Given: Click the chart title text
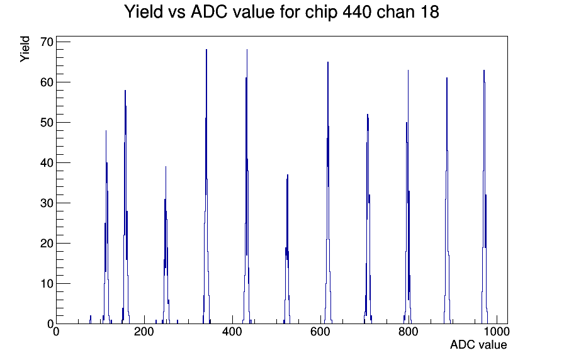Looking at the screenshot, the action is (x=281, y=12).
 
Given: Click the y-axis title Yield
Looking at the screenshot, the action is (x=25, y=49).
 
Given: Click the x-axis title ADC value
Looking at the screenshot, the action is (x=478, y=344).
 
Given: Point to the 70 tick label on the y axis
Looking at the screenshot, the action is (x=47, y=42).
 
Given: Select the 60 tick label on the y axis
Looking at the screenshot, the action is (x=47, y=82).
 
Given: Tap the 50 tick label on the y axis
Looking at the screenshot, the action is (x=47, y=123).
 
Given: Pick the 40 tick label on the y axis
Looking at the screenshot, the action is (x=47, y=163).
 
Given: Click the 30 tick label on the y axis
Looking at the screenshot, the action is (x=47, y=203).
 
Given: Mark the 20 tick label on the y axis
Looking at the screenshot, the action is (x=47, y=244).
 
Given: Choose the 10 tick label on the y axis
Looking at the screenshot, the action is (x=47, y=284).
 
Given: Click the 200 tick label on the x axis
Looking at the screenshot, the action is (x=144, y=331).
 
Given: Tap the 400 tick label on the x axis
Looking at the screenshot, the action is (x=232, y=331).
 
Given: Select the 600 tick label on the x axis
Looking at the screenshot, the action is (x=320, y=331).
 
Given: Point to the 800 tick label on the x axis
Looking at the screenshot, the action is (x=409, y=331).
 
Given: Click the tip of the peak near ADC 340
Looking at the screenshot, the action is (x=206, y=50).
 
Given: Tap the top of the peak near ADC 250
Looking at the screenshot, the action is (x=166, y=167).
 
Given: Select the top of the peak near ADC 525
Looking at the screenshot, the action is (x=288, y=175).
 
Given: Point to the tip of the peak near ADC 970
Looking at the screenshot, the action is (x=484, y=70).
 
